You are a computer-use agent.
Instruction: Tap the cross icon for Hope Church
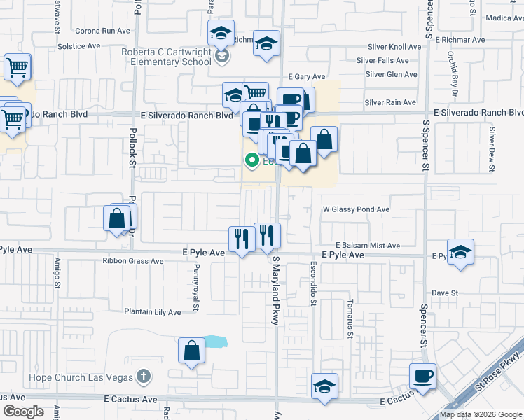144,377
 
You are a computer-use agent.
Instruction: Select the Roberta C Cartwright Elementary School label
166,57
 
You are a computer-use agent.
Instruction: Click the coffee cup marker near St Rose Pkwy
422,377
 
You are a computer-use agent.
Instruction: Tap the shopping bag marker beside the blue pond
191,352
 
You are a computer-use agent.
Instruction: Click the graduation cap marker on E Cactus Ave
324,387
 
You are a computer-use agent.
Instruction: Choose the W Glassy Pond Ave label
355,209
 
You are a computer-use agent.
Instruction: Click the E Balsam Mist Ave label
367,246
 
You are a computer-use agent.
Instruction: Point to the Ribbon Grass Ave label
132,261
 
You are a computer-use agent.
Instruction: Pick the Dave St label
444,293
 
